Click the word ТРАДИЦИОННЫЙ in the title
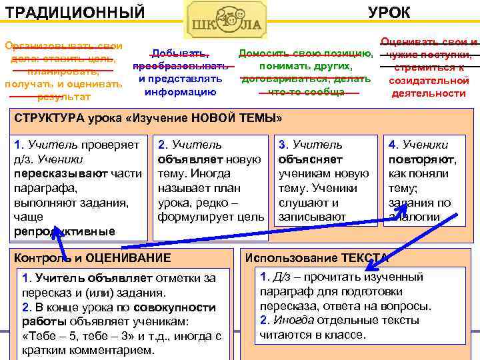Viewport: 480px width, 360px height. pos(74,11)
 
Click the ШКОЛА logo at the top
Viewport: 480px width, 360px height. pos(225,20)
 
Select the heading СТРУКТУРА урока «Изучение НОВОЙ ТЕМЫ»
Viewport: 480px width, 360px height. pos(148,119)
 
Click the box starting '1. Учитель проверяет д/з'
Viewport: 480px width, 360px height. pos(77,187)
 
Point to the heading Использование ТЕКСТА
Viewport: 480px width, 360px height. pos(317,258)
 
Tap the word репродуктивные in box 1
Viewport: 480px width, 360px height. pos(64,231)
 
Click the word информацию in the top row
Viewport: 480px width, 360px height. pos(180,91)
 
